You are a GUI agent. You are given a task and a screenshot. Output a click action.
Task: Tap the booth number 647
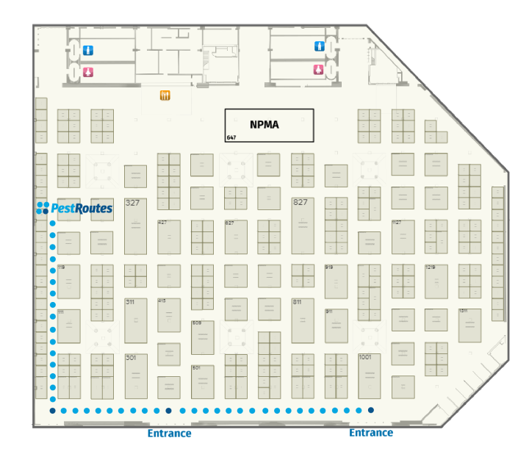[231, 137]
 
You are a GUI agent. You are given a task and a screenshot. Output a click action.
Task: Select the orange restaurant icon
[165, 95]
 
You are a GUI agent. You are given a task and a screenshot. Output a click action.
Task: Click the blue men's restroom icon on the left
[88, 50]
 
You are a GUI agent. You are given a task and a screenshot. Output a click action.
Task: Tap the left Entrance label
[169, 433]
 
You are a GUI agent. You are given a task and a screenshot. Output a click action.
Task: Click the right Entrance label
[370, 433]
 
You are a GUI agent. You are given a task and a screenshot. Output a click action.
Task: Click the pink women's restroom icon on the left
[88, 72]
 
